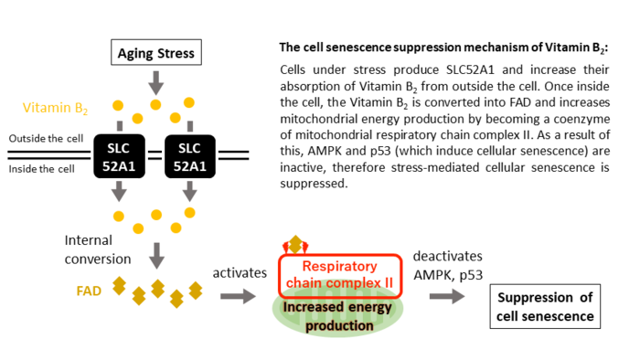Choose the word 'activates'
click(x=238, y=273)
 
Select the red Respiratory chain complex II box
click(x=339, y=274)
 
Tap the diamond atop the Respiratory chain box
click(x=294, y=245)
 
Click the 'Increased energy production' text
click(x=339, y=316)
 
